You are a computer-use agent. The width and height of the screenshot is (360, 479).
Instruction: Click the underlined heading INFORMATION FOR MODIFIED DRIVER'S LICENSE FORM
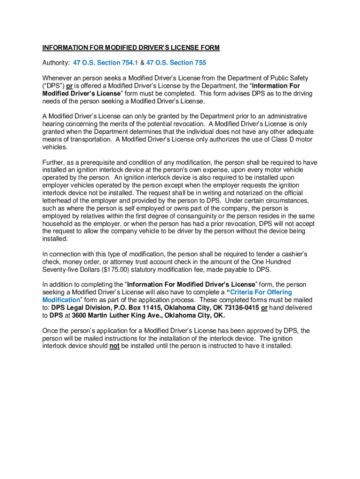click(131, 48)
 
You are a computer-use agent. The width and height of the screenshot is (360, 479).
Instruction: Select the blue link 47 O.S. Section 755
click(176, 63)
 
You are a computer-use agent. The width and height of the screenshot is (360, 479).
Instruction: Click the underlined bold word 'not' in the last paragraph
click(115, 346)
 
